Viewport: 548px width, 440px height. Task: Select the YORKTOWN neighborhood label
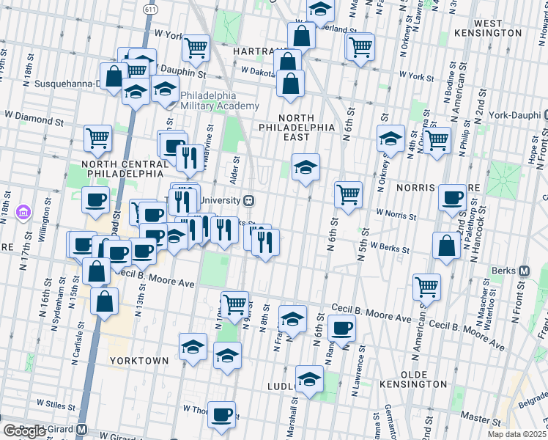pos(139,362)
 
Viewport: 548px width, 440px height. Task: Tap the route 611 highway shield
pos(150,10)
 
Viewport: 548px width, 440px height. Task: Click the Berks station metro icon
pos(525,271)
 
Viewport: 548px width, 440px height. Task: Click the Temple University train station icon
pos(249,199)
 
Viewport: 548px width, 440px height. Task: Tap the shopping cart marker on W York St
pos(196,48)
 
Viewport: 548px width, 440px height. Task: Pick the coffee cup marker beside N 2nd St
pos(453,197)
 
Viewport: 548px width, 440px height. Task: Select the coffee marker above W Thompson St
pos(221,414)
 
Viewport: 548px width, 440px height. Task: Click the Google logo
pos(23,431)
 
